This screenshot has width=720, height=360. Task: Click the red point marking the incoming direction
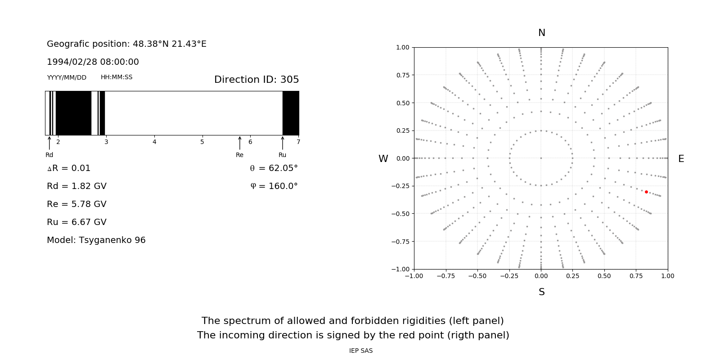646,192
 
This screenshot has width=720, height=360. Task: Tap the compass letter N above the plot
541,33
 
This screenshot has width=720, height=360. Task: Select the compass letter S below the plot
541,292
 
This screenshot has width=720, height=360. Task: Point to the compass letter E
681,159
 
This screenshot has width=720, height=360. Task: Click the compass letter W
383,159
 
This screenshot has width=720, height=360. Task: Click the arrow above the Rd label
49,143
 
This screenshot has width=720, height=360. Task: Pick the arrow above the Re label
239,143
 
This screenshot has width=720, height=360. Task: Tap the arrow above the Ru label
283,143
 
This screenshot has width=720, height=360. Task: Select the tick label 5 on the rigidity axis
202,142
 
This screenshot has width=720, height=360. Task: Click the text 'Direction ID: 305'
256,80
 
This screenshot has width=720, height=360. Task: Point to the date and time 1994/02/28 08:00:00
93,62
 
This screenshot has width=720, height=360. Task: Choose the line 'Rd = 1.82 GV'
76,186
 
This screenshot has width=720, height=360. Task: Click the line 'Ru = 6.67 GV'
76,222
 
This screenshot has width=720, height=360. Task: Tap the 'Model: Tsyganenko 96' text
96,240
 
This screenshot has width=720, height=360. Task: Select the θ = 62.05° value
274,168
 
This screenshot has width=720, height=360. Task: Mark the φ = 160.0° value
274,186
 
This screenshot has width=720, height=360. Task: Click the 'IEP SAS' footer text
361,351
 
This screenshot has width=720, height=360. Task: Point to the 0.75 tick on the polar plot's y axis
402,75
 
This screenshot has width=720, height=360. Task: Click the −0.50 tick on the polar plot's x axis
477,276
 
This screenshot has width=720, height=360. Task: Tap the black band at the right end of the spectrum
291,113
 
